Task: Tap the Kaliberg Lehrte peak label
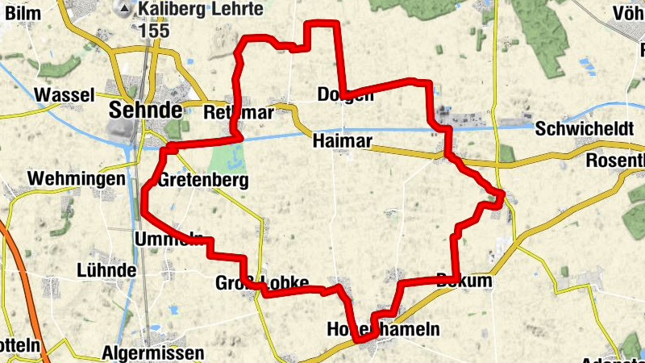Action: coord(200,10)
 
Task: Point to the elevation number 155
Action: coord(152,30)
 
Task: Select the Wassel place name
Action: coord(65,94)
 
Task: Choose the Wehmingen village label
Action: coord(77,178)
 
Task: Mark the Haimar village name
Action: coord(343,142)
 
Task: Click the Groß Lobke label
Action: coord(262,283)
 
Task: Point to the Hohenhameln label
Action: coord(383,329)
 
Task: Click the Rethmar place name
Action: coord(239,111)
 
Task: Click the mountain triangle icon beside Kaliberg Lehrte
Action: coord(125,10)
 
